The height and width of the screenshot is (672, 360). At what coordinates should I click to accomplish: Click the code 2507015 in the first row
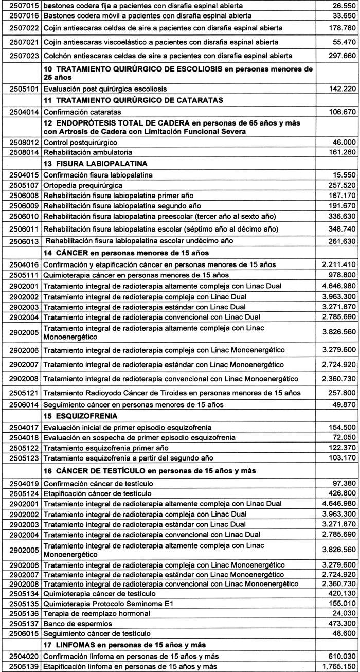coord(21,5)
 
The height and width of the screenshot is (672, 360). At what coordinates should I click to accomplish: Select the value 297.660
coord(341,55)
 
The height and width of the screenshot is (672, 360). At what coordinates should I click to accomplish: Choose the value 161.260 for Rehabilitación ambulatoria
coord(341,152)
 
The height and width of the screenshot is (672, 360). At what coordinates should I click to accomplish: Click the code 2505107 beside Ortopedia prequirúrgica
coord(21,184)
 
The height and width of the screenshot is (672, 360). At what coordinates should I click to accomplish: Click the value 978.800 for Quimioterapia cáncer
coord(341,275)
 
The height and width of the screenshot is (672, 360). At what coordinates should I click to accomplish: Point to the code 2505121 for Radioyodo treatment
coord(21,393)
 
